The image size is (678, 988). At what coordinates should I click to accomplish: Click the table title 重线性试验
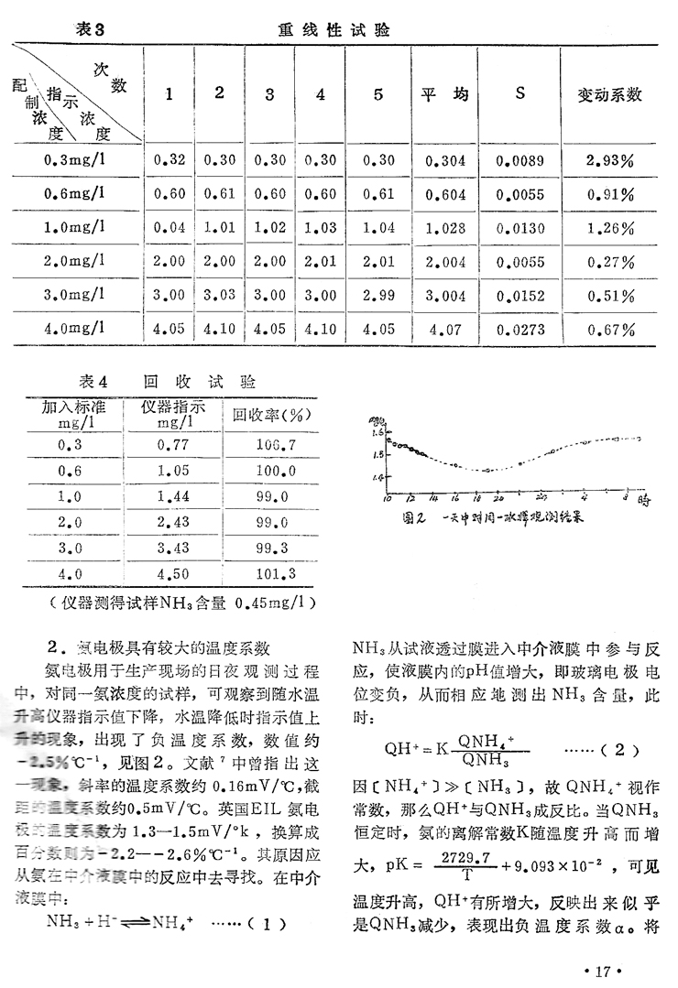point(334,30)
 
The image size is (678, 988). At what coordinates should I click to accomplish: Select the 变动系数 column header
point(608,94)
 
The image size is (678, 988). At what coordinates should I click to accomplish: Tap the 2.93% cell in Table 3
point(610,160)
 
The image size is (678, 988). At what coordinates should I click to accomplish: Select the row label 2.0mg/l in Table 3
point(74,262)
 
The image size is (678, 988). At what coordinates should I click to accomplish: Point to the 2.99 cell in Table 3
point(377,296)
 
